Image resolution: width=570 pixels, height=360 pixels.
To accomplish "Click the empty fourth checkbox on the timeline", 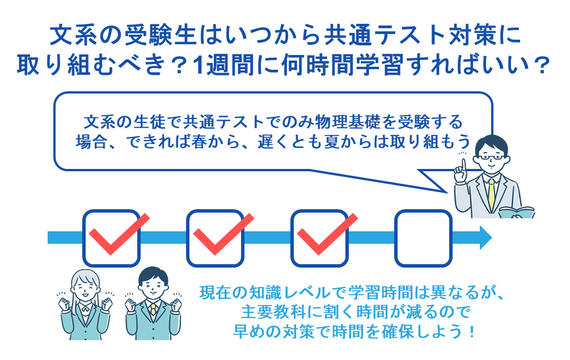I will pyautogui.click(x=423, y=238).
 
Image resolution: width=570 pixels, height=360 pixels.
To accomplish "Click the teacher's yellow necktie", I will pyautogui.click(x=491, y=193).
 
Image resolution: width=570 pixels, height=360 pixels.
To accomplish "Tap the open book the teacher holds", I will pyautogui.click(x=516, y=213).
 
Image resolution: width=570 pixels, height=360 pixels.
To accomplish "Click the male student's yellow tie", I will pyautogui.click(x=153, y=311).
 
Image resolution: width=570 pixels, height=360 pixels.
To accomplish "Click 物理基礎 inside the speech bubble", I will pyautogui.click(x=364, y=121).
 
